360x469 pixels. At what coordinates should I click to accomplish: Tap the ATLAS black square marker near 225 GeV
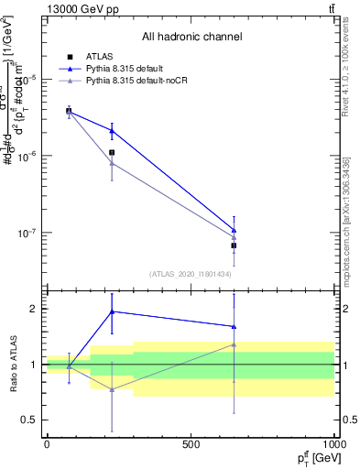tap(112, 152)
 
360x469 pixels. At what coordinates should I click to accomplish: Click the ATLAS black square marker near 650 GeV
tap(235, 245)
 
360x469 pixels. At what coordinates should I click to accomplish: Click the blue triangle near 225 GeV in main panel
tap(112, 130)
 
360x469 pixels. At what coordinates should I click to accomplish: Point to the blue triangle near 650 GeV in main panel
tap(235, 230)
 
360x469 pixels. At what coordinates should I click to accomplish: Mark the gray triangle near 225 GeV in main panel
tap(112, 163)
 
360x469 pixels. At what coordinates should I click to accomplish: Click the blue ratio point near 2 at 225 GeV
tap(112, 311)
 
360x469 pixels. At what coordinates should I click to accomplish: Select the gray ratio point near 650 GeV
tap(235, 344)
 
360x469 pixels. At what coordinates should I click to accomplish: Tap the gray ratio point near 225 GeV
tap(112, 389)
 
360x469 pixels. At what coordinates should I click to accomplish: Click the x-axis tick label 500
tap(191, 444)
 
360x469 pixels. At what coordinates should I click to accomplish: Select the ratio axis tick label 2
tap(34, 309)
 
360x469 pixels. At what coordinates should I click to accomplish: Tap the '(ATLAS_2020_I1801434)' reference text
tap(191, 274)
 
